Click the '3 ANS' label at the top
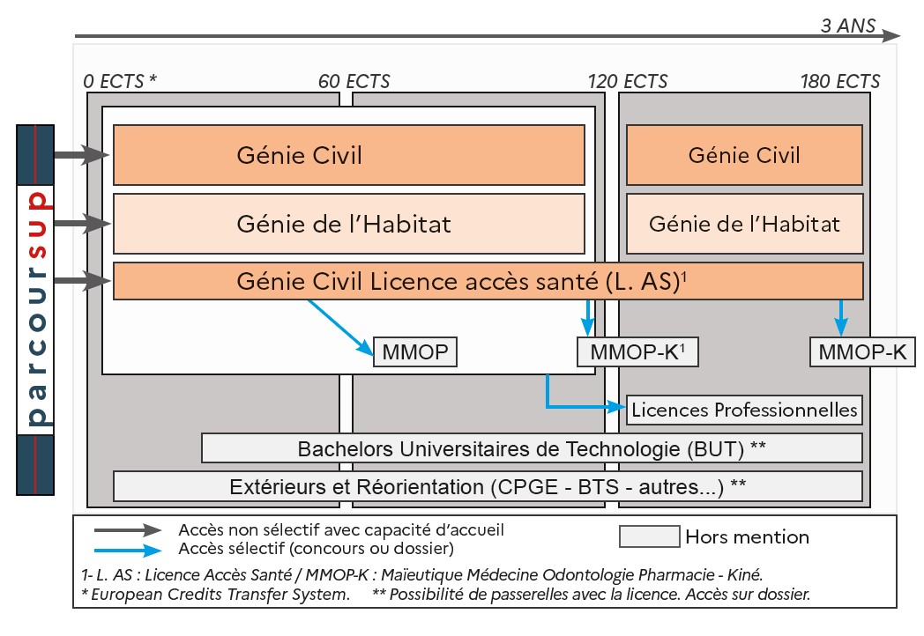847,26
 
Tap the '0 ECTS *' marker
120,82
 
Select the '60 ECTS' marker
354,82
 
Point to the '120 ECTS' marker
628,82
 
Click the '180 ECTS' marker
839,82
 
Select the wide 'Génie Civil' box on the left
348,155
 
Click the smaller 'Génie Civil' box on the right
744,155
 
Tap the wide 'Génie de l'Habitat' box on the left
348,224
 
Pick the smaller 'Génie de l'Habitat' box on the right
744,224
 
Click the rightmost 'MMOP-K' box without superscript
862,353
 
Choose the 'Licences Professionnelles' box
744,410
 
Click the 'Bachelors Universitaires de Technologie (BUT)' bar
532,447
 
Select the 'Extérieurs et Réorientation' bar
488,486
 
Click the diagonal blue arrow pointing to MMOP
340,327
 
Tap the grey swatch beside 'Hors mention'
649,536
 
